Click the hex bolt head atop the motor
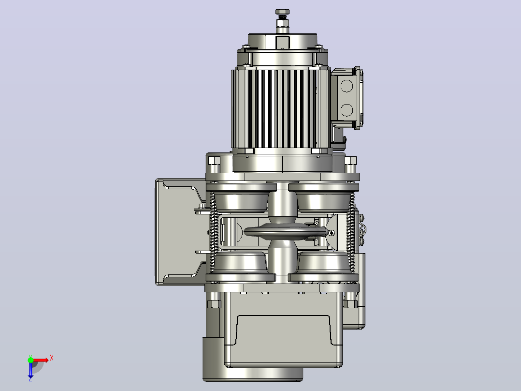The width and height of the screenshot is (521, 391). (282, 12)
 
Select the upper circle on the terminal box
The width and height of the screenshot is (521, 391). (347, 86)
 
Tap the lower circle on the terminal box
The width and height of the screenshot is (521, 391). (347, 110)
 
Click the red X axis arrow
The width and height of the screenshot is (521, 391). (40, 360)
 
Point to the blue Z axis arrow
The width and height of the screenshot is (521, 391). (30, 371)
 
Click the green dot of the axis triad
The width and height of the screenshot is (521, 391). (30, 360)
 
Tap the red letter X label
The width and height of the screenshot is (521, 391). (52, 358)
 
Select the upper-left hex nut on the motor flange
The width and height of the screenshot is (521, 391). (214, 161)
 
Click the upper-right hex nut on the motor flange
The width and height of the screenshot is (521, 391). (350, 161)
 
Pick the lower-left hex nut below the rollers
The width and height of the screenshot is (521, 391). (214, 304)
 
